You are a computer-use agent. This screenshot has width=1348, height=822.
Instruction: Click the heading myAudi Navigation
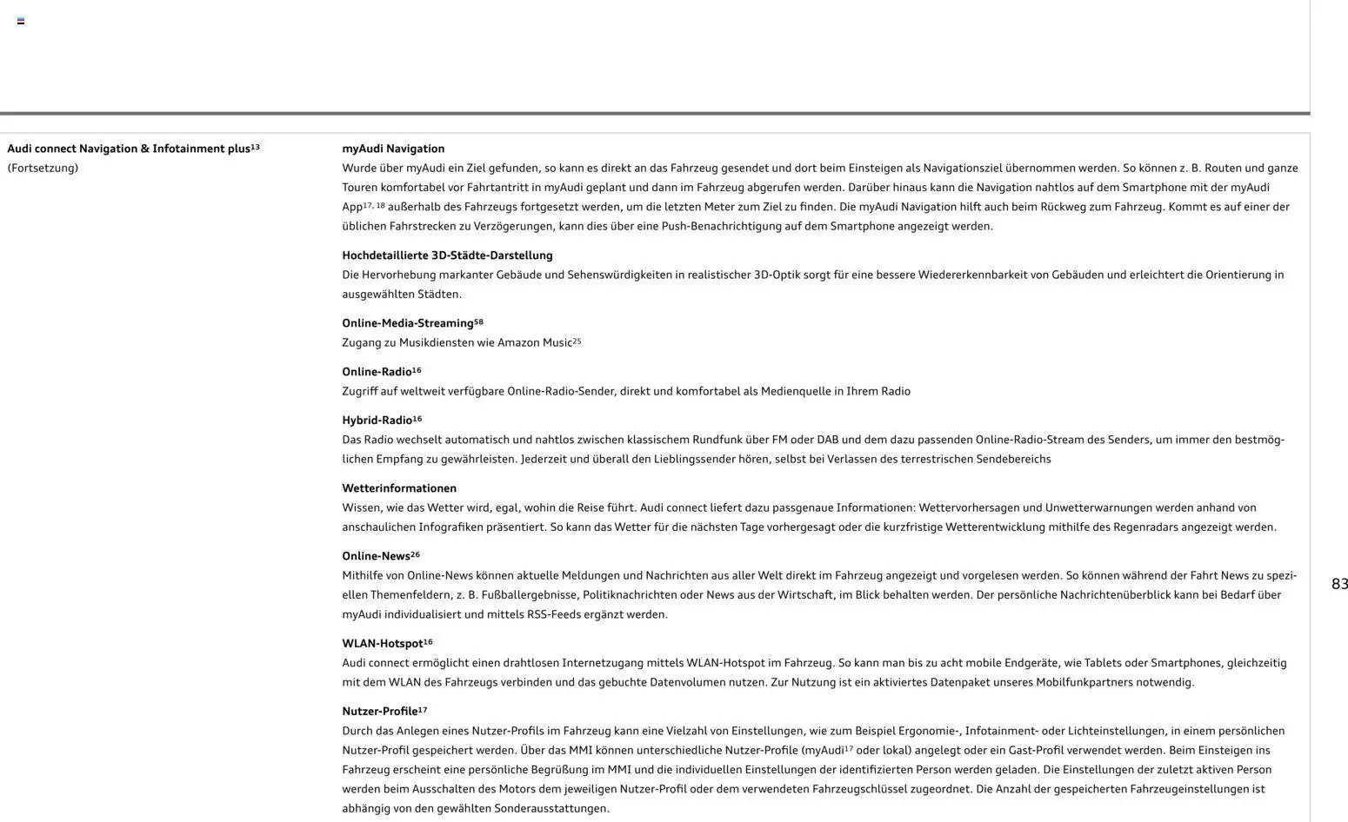pos(393,149)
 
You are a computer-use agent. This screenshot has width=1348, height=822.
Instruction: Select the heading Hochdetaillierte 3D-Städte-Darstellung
pos(447,255)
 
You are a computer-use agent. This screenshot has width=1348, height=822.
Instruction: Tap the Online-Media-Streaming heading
pos(408,323)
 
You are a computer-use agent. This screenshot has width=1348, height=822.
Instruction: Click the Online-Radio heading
pos(377,372)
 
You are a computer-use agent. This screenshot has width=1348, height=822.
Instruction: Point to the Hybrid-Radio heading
pos(377,421)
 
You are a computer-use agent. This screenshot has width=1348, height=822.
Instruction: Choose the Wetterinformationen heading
pos(399,488)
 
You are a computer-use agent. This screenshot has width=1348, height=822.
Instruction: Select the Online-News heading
pos(376,556)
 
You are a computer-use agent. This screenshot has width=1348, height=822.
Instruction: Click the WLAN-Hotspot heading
pos(382,644)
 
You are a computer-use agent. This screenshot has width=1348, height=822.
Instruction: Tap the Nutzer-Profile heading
pos(379,712)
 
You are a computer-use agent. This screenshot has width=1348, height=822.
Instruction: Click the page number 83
pos(1339,585)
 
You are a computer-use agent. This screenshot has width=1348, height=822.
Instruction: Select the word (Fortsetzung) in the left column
pos(43,169)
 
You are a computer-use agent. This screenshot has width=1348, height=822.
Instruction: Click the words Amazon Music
pos(534,343)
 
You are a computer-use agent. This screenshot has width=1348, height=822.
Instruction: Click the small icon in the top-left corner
pos(21,21)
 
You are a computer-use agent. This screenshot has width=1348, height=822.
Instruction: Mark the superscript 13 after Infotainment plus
pos(256,147)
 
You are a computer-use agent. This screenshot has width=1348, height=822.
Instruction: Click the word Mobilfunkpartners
pos(1084,683)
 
